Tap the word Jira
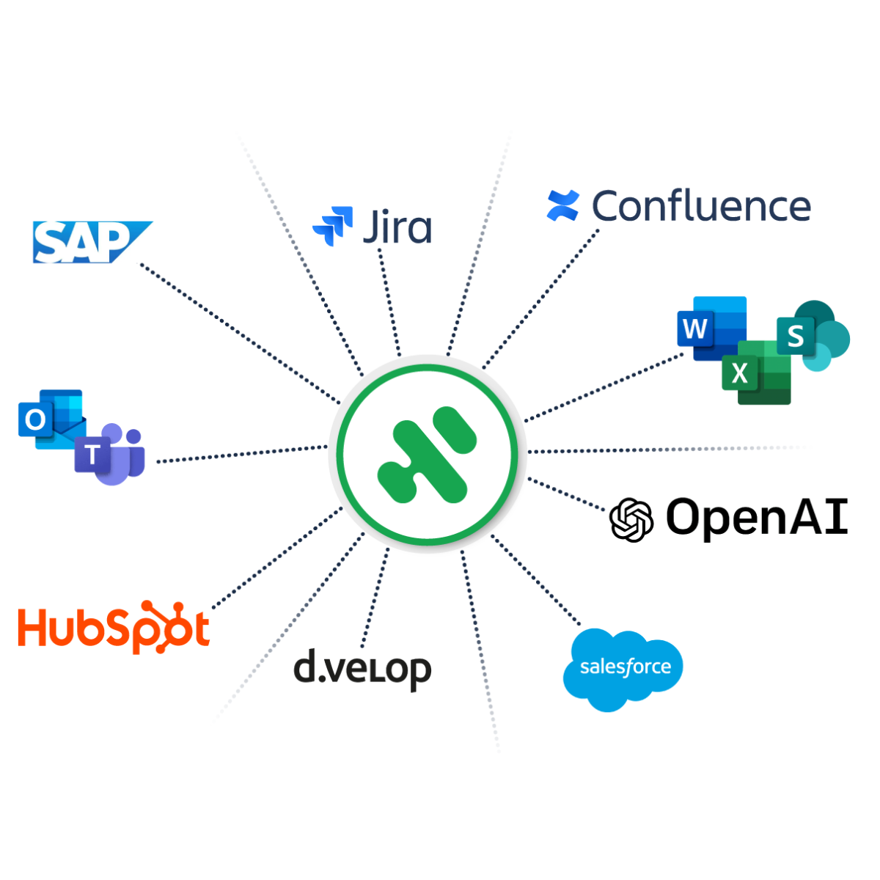tap(398, 227)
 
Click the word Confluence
tap(702, 207)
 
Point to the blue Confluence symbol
tap(563, 205)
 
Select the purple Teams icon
tap(110, 455)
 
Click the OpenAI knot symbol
tap(631, 520)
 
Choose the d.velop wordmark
tap(362, 669)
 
